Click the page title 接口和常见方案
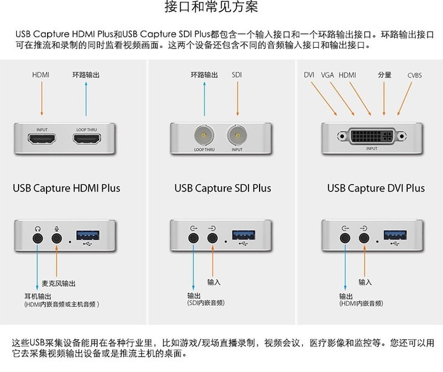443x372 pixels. coord(211,7)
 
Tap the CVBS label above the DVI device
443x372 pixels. coord(414,75)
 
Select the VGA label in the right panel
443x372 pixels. coord(327,75)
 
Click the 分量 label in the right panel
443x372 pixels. coord(384,75)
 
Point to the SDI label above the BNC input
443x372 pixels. coord(237,75)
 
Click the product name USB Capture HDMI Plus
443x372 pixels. coord(66,188)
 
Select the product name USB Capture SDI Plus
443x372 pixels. coord(222,188)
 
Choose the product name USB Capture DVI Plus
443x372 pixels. coord(375,188)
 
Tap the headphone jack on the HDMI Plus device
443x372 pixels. coord(38,236)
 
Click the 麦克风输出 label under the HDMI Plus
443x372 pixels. coord(58,283)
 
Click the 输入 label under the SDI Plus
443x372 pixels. coord(214,282)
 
